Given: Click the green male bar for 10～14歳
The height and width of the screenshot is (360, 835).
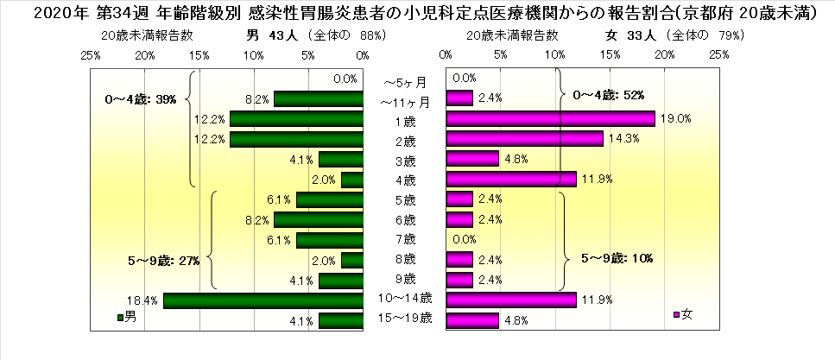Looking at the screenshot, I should tap(263, 300).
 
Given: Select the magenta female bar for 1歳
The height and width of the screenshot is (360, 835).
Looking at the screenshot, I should tap(550, 119).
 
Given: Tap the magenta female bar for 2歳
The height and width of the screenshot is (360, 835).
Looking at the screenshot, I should tap(524, 139).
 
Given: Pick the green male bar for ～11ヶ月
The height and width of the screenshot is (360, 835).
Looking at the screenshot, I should tap(318, 98).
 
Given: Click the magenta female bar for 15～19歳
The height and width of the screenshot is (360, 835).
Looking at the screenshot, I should tap(471, 321).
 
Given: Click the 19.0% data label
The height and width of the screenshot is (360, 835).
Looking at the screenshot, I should tap(676, 119).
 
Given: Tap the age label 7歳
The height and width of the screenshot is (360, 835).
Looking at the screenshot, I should tap(403, 238).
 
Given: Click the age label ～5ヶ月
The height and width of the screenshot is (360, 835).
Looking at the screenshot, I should tap(403, 83).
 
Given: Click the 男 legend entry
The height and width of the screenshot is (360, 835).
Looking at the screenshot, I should tap(126, 317).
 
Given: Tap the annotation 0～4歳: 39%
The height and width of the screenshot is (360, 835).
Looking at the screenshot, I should tap(140, 100).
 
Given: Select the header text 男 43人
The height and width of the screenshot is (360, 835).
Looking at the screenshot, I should tap(274, 35).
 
